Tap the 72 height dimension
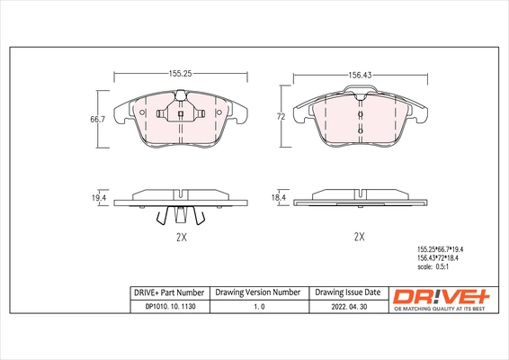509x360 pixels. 280,118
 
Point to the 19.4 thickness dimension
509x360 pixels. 99,196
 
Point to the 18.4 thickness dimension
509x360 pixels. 278,196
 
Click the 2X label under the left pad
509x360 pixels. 180,237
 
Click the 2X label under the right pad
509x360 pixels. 359,237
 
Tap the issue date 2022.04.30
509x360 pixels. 348,307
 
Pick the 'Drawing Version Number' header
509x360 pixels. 257,292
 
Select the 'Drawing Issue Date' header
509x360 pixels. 348,292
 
